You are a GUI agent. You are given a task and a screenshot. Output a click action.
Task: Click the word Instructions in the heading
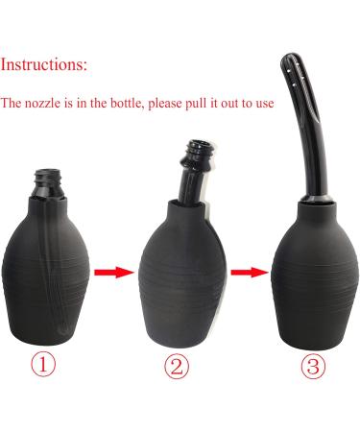pyautogui.click(x=43, y=66)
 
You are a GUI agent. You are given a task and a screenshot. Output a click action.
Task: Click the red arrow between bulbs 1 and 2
pyautogui.click(x=115, y=273)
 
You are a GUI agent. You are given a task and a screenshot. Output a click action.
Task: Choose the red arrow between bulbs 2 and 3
pyautogui.click(x=247, y=272)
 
